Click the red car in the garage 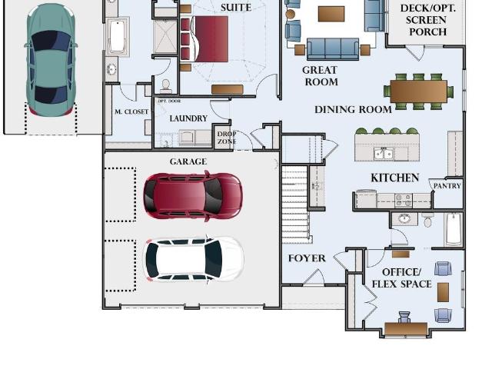point(193,196)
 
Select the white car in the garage point(194,260)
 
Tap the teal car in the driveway point(51,60)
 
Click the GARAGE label point(188,161)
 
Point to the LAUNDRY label point(188,118)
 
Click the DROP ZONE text point(227,138)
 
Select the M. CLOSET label point(131,111)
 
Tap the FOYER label point(307,258)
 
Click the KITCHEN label point(394,178)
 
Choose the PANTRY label point(447,186)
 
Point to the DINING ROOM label point(353,109)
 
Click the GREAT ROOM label point(321,76)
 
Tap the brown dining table point(418,91)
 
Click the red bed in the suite point(208,39)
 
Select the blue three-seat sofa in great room point(333,49)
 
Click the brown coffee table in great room point(331,14)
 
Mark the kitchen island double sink point(384,154)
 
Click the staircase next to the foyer point(295,204)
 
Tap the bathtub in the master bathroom point(116,37)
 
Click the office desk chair point(404,317)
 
